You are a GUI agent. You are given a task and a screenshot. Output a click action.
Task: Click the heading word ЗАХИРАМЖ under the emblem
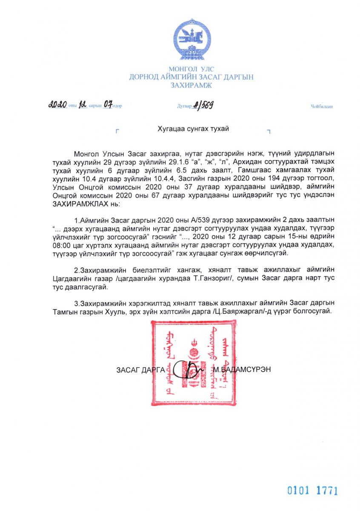click(x=191, y=85)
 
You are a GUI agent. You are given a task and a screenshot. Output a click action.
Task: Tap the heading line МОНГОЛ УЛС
click(x=191, y=69)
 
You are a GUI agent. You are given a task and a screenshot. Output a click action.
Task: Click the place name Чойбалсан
click(x=322, y=106)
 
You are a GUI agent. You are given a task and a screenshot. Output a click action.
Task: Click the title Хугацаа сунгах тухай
click(x=193, y=129)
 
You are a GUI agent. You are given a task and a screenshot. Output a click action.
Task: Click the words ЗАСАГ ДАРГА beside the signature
click(x=140, y=370)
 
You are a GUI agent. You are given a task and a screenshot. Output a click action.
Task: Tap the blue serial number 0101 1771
click(x=312, y=491)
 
